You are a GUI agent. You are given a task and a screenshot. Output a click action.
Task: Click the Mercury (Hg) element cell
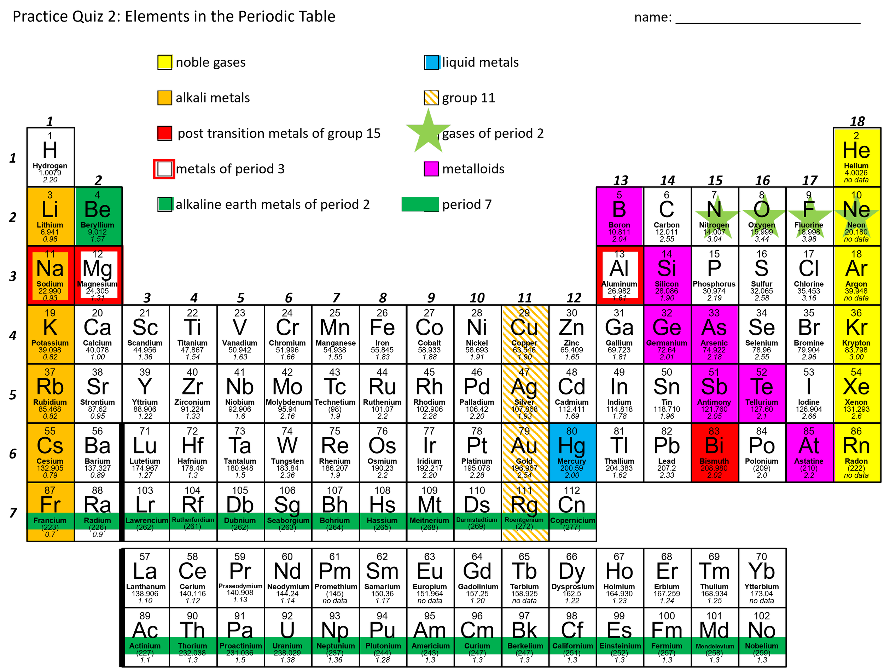click(572, 453)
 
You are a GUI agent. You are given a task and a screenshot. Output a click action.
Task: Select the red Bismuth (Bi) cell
click(715, 453)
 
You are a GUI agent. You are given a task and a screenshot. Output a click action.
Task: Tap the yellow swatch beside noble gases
click(165, 62)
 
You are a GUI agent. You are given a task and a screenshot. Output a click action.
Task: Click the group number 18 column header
click(857, 121)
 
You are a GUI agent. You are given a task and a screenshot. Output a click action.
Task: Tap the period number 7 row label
click(13, 513)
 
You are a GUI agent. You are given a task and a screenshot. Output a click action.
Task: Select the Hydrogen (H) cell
click(50, 157)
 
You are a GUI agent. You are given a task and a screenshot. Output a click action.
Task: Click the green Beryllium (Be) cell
click(98, 216)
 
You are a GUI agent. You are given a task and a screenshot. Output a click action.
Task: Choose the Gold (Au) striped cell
click(525, 453)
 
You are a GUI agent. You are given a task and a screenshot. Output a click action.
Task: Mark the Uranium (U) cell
click(288, 637)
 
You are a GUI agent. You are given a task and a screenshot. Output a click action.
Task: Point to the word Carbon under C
click(667, 225)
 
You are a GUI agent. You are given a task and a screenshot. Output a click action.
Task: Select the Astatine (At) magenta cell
click(809, 453)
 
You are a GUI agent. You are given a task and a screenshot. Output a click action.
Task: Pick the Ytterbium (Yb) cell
click(762, 578)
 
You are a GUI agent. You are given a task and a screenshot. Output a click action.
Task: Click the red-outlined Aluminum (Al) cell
click(620, 275)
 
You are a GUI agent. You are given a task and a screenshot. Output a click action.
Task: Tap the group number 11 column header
click(525, 298)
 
